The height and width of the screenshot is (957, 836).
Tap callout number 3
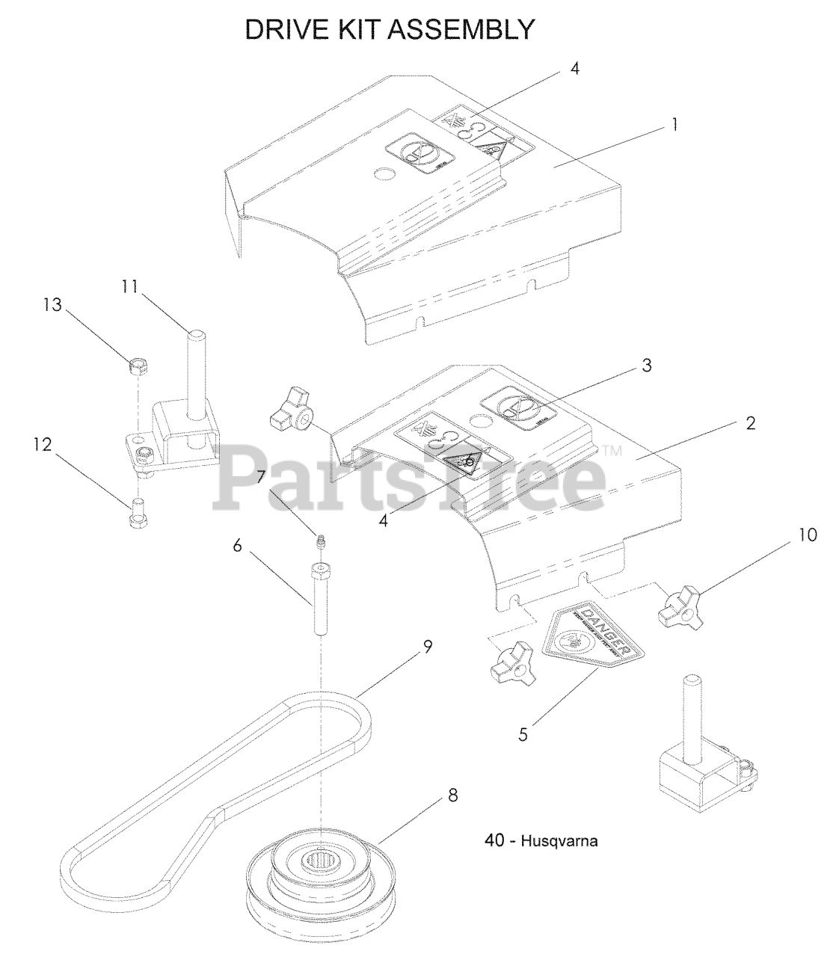[x=750, y=424]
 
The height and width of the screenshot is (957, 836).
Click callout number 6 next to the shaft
[x=238, y=547]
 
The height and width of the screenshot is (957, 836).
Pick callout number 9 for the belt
[x=428, y=647]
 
